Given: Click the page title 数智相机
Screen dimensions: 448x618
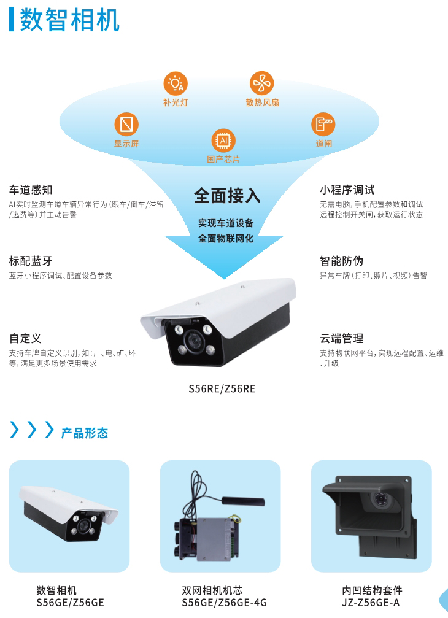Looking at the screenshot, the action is [x=69, y=20].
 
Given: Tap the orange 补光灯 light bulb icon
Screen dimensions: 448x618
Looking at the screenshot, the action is [x=176, y=83].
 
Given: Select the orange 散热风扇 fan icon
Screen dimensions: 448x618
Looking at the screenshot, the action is [x=261, y=83].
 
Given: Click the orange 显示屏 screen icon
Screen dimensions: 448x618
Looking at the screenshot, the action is [x=126, y=124].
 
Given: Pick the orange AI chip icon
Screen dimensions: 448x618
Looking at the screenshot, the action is [x=223, y=141].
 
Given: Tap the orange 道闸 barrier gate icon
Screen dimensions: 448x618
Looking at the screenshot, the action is [x=323, y=124].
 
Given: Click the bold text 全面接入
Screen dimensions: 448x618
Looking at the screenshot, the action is [x=227, y=195].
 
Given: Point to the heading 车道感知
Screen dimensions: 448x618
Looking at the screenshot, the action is [x=31, y=190].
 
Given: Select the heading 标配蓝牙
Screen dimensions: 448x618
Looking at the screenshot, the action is [x=31, y=261].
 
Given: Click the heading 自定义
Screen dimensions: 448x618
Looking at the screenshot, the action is [x=25, y=338].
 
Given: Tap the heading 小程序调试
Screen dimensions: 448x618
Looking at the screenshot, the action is [x=347, y=190].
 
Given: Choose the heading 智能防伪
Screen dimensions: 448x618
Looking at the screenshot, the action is [x=342, y=261].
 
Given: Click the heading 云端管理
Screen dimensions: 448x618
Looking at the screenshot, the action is [x=342, y=338].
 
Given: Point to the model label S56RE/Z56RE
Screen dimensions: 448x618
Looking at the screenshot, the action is [x=222, y=388].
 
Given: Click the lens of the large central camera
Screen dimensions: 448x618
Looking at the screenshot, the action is [x=193, y=340].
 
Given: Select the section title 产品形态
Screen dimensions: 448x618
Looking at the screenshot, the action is [x=85, y=433].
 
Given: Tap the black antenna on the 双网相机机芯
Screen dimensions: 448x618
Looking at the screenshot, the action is [x=243, y=501].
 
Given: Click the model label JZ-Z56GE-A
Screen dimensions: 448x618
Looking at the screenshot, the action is [x=371, y=603].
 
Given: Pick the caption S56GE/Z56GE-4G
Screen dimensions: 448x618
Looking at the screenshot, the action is [x=224, y=603].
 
